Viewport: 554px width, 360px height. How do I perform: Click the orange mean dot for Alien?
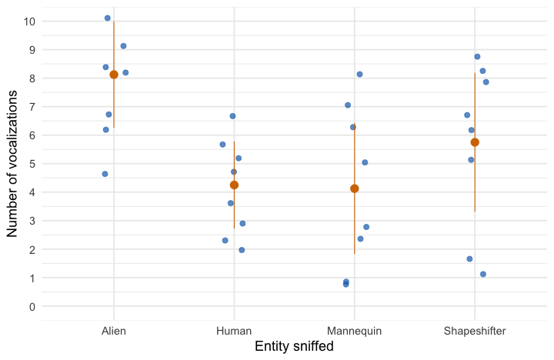pos(114,75)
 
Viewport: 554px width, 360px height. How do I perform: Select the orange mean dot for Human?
pos(234,185)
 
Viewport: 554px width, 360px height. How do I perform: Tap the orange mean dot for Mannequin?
pos(354,188)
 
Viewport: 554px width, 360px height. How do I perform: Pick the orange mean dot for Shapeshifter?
pos(475,142)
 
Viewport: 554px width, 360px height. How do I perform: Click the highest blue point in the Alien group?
pos(108,18)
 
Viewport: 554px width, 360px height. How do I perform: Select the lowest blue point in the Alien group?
pos(105,174)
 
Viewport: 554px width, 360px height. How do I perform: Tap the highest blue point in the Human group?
pos(232,116)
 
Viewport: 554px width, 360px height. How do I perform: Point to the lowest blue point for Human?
pos(242,250)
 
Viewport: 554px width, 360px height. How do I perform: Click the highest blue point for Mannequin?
pos(359,74)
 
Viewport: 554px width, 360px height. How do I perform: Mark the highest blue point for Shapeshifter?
pos(477,57)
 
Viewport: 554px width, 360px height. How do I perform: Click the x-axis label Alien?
pos(114,331)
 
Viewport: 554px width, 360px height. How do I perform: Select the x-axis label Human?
pos(234,331)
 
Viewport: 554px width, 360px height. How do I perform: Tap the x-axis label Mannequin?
pos(354,331)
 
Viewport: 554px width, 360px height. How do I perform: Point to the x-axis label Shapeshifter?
pos(475,331)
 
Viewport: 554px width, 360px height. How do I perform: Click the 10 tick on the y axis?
pos(29,21)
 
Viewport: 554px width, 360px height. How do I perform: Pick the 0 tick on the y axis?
pos(32,306)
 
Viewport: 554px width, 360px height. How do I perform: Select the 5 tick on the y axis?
pos(32,164)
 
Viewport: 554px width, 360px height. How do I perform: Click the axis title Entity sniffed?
pos(294,347)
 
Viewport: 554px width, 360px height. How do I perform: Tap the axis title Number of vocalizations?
pos(12,164)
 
